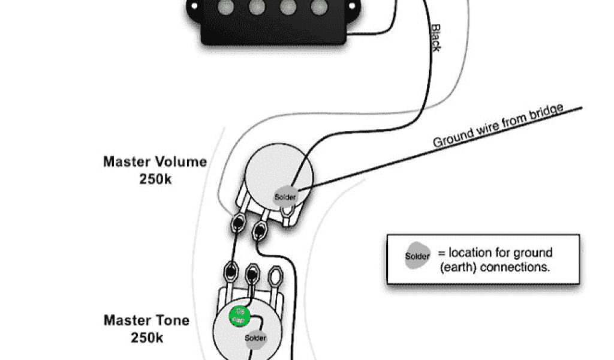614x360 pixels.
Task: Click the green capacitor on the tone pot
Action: tap(239, 316)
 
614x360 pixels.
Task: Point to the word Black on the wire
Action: tap(437, 37)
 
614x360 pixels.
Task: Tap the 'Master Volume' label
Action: tap(155, 161)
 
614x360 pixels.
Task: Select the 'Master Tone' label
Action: tap(146, 320)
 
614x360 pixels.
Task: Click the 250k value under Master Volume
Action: tap(155, 178)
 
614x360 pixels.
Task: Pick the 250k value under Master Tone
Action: tap(146, 338)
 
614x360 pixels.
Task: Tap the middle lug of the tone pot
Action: tap(252, 274)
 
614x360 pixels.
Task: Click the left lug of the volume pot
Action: tap(237, 223)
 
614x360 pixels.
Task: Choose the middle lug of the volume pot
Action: tap(260, 229)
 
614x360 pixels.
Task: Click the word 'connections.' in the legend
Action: tap(519, 268)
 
